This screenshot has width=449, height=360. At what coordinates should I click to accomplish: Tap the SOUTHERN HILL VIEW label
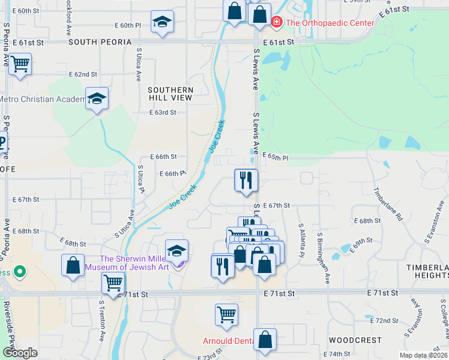point(171,94)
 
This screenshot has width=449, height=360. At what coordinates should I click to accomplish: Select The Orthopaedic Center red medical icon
point(276,23)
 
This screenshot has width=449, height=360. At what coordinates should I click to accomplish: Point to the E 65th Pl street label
point(276,157)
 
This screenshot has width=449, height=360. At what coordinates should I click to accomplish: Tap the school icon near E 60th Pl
point(162,22)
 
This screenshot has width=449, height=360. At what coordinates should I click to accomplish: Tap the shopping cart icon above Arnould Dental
point(226,314)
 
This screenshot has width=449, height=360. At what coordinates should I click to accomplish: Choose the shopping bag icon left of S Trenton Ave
point(73,265)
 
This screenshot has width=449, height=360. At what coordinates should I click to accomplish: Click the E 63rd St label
point(163,112)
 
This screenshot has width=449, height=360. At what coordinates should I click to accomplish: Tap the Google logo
point(20,353)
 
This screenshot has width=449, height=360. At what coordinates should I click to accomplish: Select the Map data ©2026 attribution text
point(423,355)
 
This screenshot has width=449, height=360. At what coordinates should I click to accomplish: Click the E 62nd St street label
point(83,74)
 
